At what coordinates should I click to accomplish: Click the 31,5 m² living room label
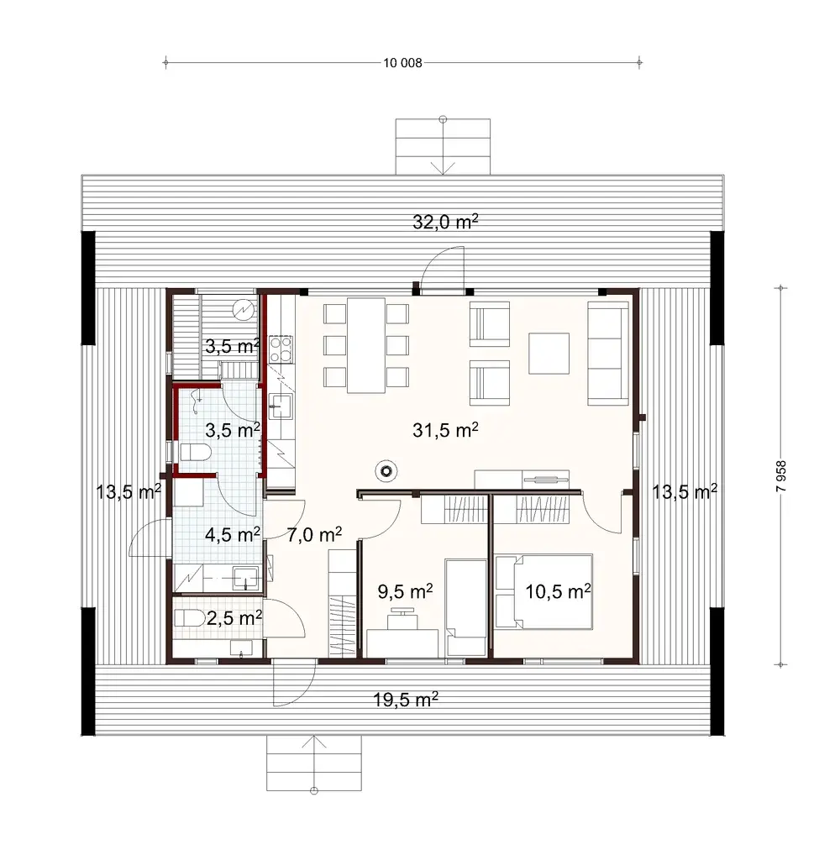click(445, 430)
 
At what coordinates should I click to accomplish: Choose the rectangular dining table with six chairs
click(365, 344)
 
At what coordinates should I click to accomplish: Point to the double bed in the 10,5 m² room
click(544, 591)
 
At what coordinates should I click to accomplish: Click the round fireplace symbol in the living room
click(386, 472)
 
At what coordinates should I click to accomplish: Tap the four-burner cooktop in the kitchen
click(280, 349)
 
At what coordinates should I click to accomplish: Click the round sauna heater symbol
click(243, 310)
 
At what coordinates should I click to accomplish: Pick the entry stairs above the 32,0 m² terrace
click(443, 146)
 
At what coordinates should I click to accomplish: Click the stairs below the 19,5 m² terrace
click(314, 763)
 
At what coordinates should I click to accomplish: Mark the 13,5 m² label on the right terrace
click(684, 492)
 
